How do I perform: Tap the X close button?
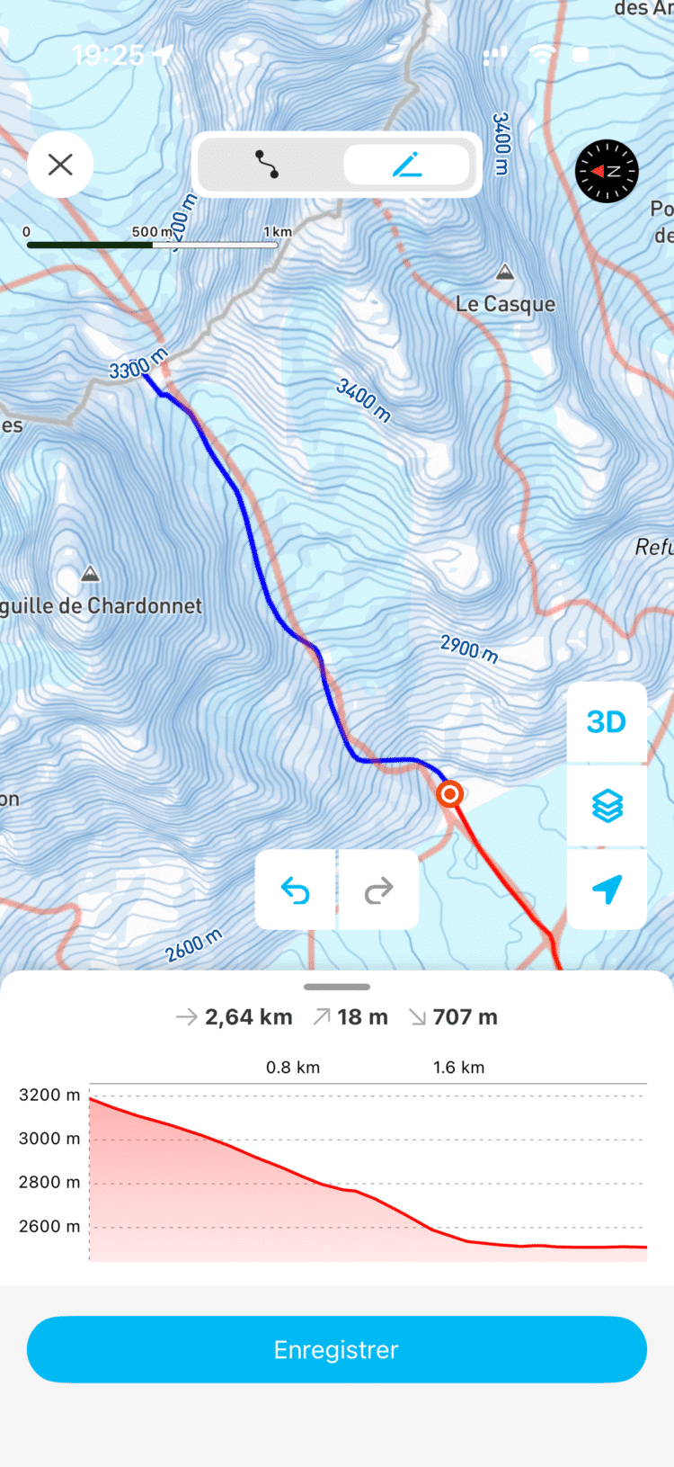pos(60,165)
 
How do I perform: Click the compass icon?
pos(607,170)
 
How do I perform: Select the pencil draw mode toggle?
pos(407,165)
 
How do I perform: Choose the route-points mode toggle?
pos(267,165)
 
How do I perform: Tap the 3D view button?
pos(607,721)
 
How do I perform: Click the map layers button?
pos(607,806)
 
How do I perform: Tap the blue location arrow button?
pos(607,889)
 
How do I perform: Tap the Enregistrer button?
pos(337,1349)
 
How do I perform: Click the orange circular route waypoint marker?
pos(449,794)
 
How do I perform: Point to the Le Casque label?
pos(505,304)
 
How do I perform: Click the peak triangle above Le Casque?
pos(505,272)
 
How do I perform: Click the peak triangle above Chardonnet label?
pos(90,574)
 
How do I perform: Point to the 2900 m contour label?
pos(469,648)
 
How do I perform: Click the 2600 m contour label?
pos(193,945)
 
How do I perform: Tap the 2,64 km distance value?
pos(248,1017)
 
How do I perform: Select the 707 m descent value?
pos(465,1017)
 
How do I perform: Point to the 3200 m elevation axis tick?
pos(49,1095)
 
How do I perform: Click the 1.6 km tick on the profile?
pos(458,1068)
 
